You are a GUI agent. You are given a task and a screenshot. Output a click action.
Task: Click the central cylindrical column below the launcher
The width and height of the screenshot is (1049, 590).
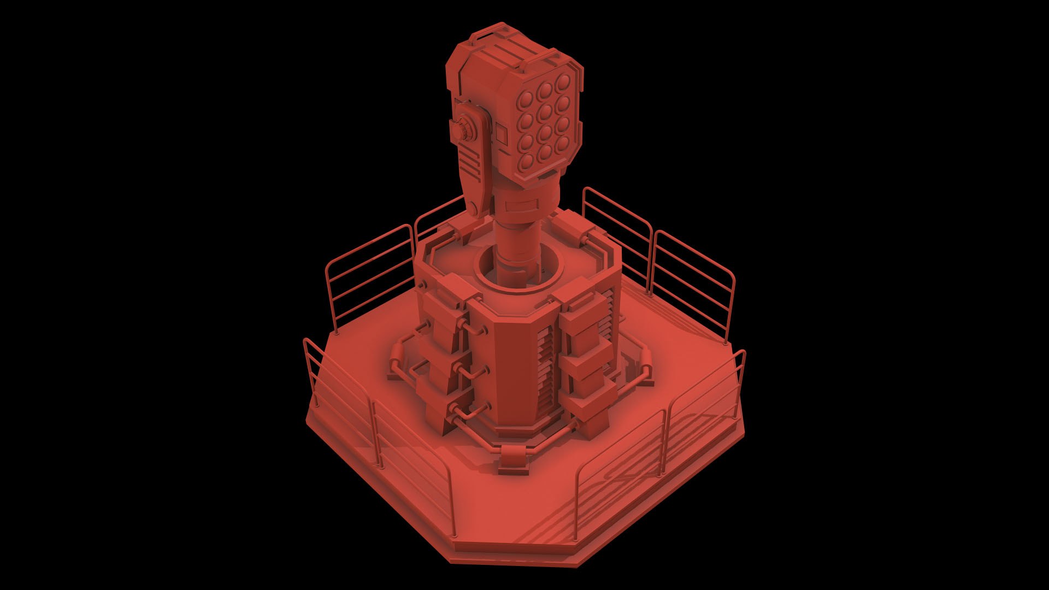516,240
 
